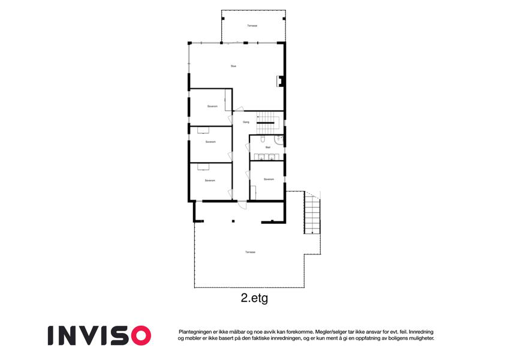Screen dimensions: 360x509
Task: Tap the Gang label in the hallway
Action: coord(246,122)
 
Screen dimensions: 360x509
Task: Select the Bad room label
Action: coord(268,146)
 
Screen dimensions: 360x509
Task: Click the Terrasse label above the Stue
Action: coord(252,26)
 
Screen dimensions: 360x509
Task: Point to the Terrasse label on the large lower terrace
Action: coord(250,252)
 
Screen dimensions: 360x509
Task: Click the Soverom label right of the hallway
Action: coord(269,179)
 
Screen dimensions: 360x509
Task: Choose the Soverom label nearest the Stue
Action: coord(212,106)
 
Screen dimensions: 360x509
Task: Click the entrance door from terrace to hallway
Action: coord(241,205)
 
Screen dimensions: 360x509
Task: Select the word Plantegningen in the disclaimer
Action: coord(197,331)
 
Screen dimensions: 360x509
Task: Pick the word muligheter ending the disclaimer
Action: coord(418,338)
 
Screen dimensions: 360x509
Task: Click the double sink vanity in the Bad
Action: coord(267,158)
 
